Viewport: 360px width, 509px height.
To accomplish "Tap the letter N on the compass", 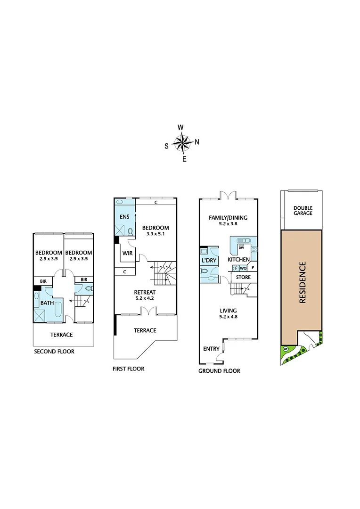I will pos(197,142).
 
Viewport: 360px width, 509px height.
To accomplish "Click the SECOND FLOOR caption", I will pos(54,352).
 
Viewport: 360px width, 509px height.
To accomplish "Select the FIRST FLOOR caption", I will pos(129,369).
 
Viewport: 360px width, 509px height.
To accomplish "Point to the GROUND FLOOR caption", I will pos(220,371).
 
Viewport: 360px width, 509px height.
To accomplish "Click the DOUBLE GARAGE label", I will pos(303,210).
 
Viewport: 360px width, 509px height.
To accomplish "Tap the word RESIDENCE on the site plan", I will pos(302,282).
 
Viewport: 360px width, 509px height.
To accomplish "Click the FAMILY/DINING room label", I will pos(229,218).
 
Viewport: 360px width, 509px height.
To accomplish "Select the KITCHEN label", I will pos(238,260).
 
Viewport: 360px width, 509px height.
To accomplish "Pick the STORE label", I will pos(243,277).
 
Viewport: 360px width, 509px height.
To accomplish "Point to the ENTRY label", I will pos(211,349).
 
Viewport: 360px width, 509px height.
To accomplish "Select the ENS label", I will pos(123,217).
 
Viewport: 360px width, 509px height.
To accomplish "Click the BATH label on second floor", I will pos(46,303).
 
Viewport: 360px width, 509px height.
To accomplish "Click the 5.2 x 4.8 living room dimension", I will pos(229,317).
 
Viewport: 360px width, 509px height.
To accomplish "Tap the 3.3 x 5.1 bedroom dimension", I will pos(155,234).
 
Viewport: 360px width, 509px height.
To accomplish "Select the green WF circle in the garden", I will pos(286,349).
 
